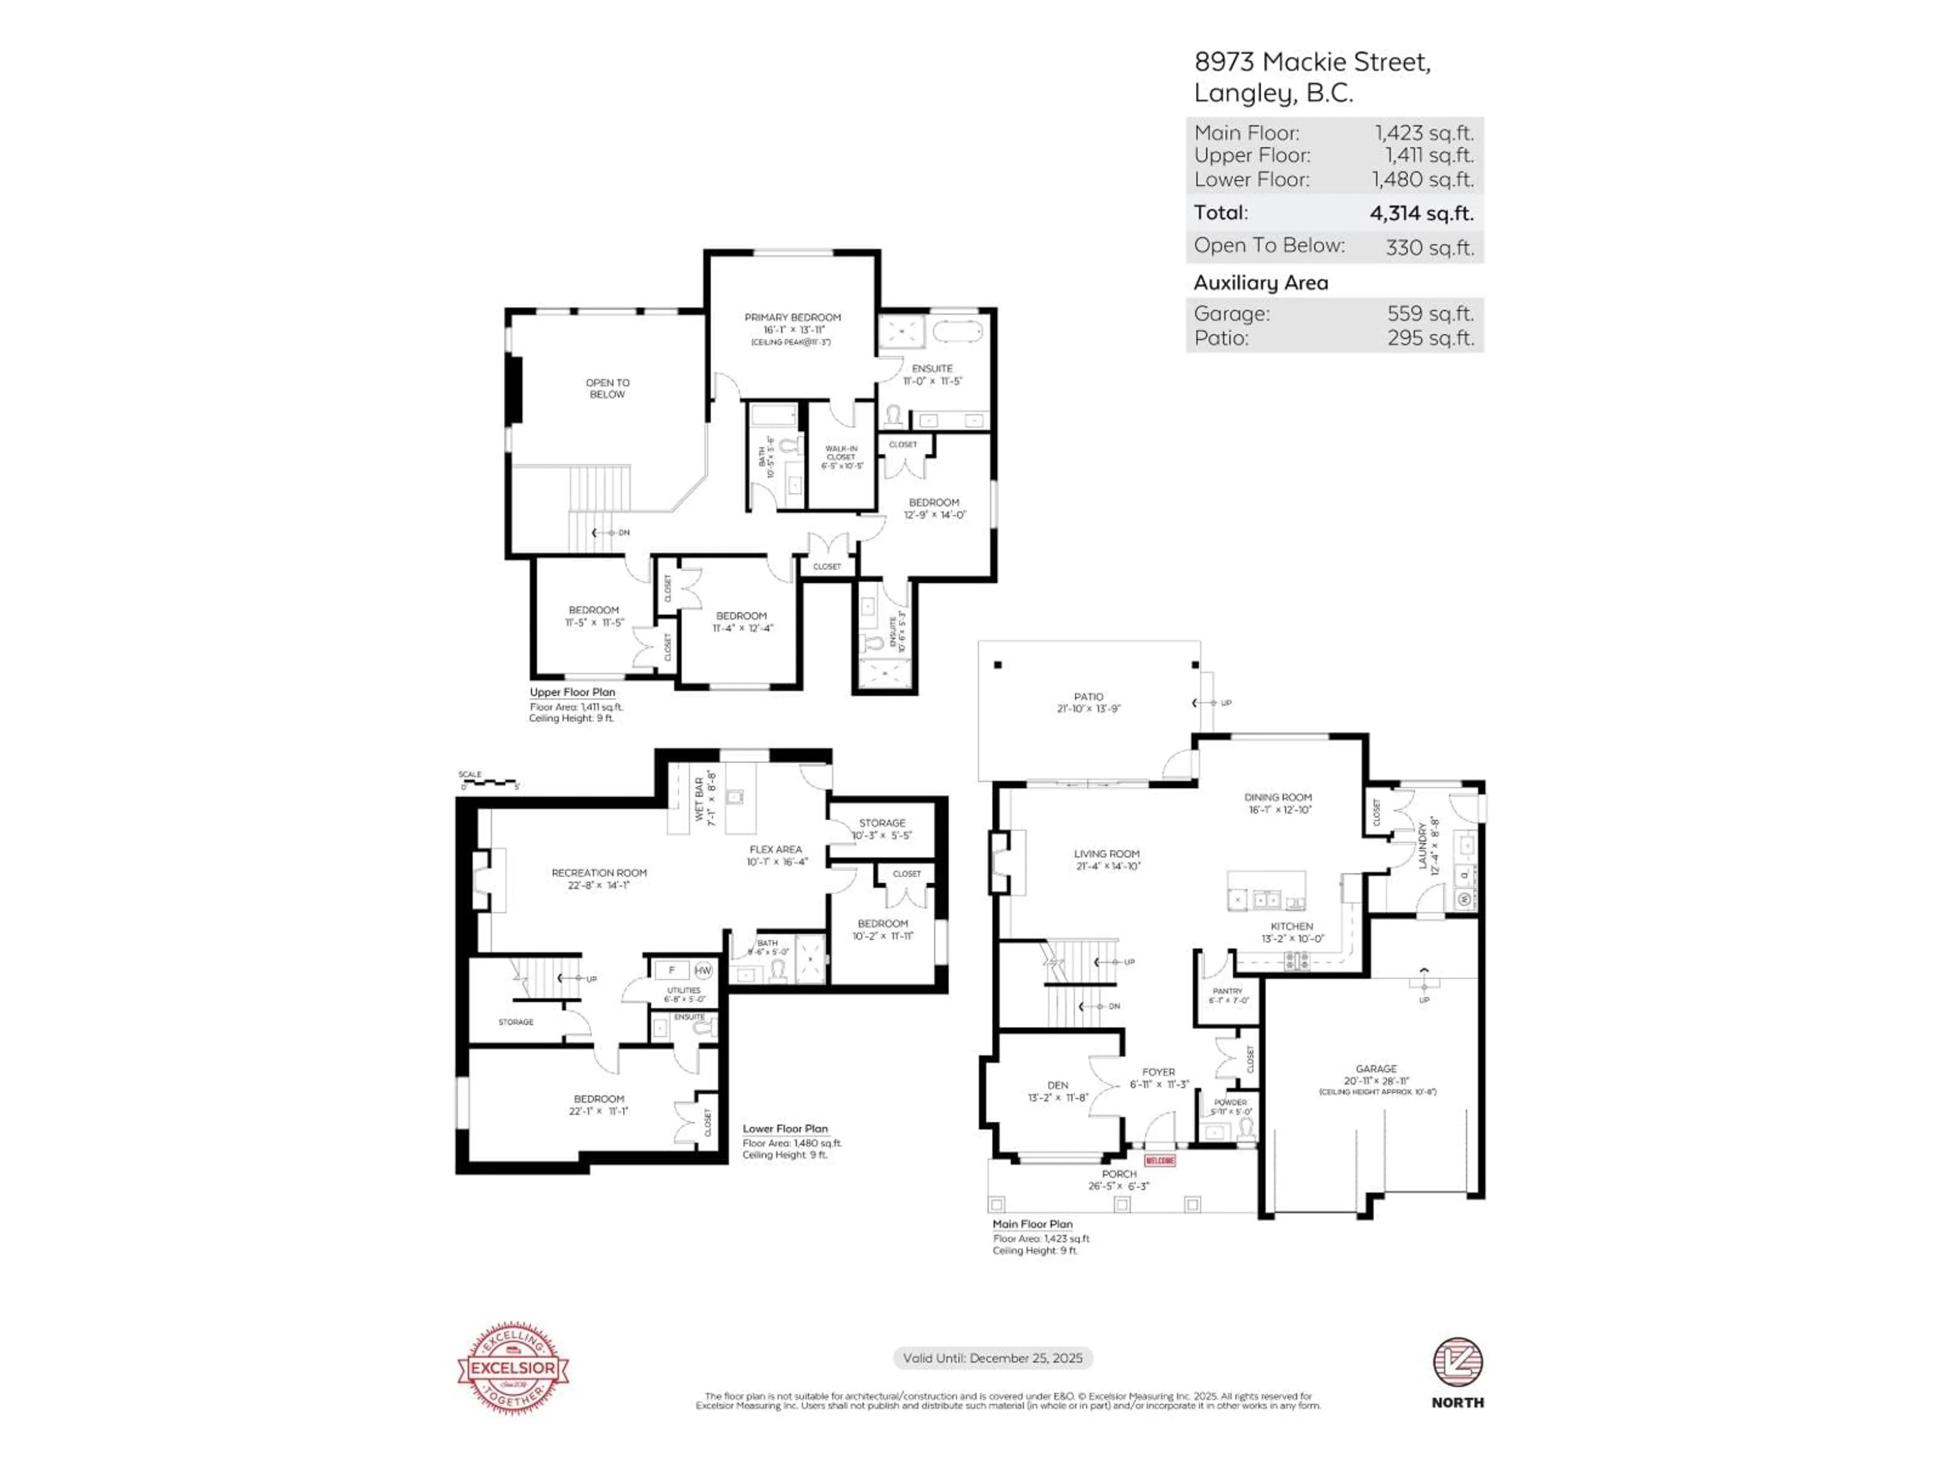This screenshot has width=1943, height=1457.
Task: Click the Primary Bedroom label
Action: point(792,317)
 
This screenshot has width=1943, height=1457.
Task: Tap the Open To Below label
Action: point(607,388)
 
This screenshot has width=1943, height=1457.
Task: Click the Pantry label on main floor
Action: point(1227,991)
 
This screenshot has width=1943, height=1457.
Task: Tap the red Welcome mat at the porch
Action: point(1160,1161)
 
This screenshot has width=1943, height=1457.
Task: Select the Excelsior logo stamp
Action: point(513,1367)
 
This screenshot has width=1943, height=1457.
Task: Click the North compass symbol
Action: point(1457,1362)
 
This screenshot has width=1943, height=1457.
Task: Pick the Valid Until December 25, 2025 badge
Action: point(993,1358)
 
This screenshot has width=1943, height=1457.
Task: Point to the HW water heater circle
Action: point(703,970)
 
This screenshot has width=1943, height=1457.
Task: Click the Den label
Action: point(1058,1086)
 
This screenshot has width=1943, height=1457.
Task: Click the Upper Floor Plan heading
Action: point(572,692)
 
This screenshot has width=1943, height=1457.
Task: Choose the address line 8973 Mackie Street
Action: point(1312,62)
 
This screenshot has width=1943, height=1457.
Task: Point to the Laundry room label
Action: point(1422,845)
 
